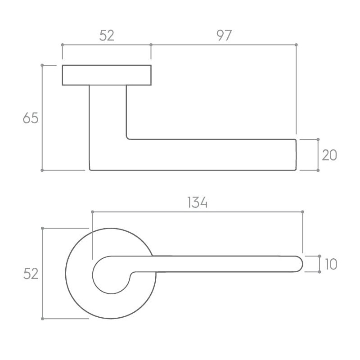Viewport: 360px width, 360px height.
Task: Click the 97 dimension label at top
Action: click(224, 36)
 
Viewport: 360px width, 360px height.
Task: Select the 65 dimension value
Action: click(31, 118)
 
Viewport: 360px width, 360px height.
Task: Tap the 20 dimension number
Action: click(329, 155)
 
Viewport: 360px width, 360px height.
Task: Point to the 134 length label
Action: click(198, 202)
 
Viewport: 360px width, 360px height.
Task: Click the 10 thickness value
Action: click(331, 264)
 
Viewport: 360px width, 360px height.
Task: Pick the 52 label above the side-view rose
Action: click(107, 36)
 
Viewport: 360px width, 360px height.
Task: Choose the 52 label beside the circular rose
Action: click(31, 274)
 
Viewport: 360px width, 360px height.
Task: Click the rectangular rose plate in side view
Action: click(107, 75)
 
